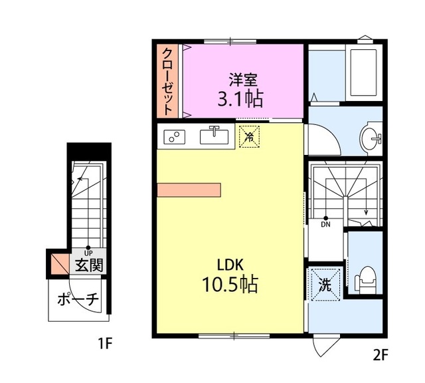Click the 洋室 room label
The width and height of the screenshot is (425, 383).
(243, 80)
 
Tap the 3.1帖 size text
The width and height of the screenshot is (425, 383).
(240, 99)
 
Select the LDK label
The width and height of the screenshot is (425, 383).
(230, 265)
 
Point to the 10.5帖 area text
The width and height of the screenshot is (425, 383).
(230, 284)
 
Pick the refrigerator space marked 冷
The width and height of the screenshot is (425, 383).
(250, 136)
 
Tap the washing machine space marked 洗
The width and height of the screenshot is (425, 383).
(325, 284)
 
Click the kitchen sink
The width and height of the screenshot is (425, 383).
(214, 136)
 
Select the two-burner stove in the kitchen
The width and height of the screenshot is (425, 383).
(174, 137)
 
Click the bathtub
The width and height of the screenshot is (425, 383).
(363, 72)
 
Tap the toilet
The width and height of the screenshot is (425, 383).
(365, 279)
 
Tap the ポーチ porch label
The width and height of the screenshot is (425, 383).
(78, 300)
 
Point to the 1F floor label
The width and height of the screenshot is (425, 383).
(105, 344)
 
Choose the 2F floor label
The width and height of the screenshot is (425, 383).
(381, 355)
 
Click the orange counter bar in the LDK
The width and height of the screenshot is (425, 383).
(189, 190)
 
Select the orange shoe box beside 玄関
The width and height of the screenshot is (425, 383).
(60, 263)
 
